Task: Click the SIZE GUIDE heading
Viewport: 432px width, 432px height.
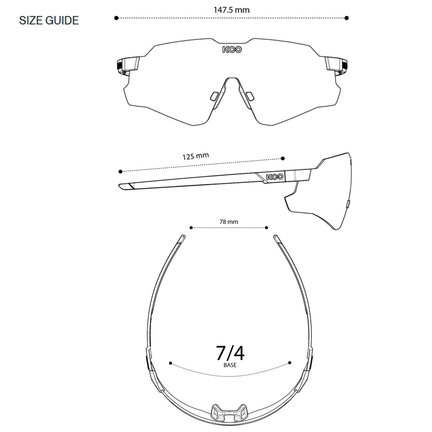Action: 49,20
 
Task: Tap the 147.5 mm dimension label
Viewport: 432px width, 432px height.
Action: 232,10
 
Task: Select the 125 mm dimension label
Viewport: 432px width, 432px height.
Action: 195,156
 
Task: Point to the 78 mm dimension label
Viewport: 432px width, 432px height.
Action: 229,222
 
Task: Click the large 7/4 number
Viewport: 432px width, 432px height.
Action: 230,353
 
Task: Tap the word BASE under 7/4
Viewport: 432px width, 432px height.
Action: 230,365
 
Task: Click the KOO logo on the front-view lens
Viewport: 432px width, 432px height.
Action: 232,50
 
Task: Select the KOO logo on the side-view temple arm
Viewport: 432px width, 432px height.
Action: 275,177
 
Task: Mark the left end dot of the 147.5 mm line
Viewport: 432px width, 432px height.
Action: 116,18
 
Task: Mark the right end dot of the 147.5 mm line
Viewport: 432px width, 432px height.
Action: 347,18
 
